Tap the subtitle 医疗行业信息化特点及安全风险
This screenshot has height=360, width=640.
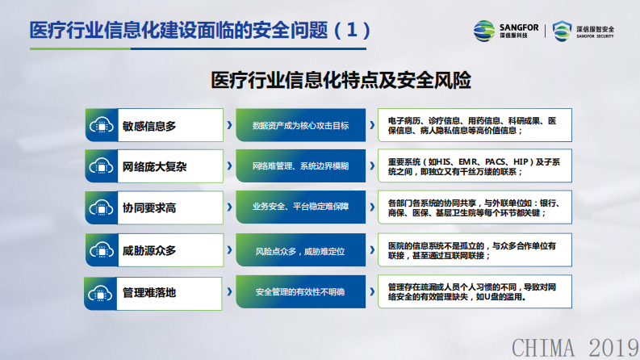pyautogui.click(x=340, y=81)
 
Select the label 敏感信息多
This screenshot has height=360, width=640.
pyautogui.click(x=149, y=126)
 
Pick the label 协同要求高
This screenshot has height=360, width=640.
pyautogui.click(x=149, y=208)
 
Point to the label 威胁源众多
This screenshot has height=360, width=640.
pyautogui.click(x=149, y=251)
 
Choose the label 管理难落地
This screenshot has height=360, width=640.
pyautogui.click(x=149, y=292)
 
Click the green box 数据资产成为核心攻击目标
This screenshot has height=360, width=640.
pyautogui.click(x=301, y=126)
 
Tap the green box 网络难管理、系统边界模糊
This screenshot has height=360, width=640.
pyautogui.click(x=301, y=167)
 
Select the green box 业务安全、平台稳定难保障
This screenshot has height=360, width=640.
pyautogui.click(x=301, y=208)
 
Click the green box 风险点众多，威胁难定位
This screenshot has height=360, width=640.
pyautogui.click(x=301, y=251)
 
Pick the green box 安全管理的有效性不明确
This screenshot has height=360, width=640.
pyautogui.click(x=301, y=292)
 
